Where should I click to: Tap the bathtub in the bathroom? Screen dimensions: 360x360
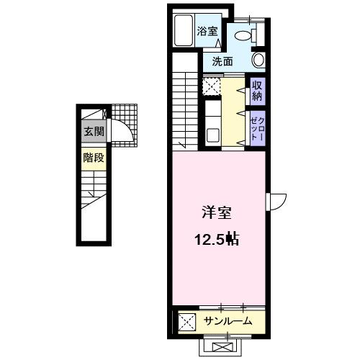(186, 31)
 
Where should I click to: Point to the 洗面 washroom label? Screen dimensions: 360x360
(222, 62)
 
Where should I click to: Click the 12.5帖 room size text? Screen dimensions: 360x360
(217, 238)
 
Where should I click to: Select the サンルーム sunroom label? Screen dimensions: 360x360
(227, 321)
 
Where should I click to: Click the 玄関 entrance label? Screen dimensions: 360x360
(93, 132)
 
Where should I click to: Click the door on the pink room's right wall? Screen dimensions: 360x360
(277, 200)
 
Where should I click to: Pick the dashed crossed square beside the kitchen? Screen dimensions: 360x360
(211, 86)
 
